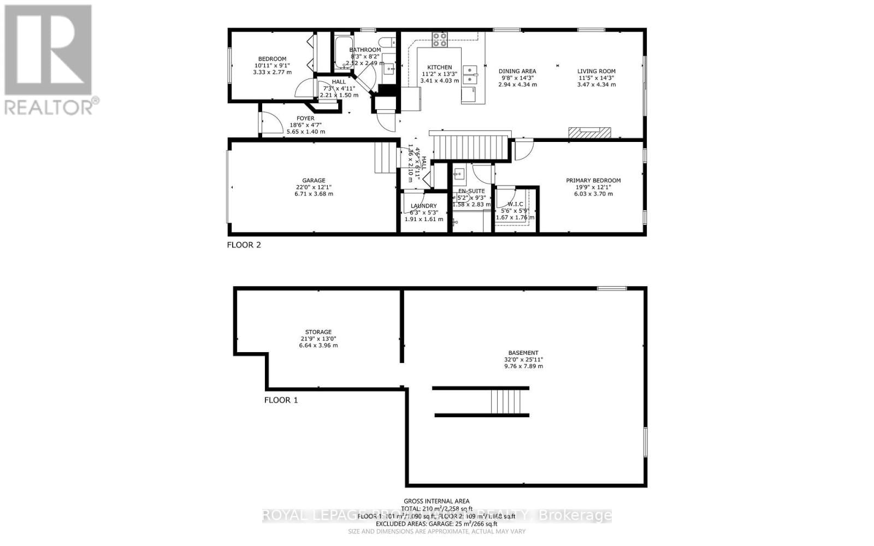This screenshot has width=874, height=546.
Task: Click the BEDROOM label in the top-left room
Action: tap(272, 59)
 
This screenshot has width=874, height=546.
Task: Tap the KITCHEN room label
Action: tap(439, 67)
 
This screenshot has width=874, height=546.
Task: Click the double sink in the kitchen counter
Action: tap(469, 75)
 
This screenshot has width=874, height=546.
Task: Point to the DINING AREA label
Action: tap(517, 71)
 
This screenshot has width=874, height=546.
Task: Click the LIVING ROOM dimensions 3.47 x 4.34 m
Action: tap(597, 85)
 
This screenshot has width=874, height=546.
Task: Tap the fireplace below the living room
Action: tap(589, 133)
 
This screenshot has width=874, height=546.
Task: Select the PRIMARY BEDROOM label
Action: tap(593, 180)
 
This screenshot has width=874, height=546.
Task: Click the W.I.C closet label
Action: tap(515, 204)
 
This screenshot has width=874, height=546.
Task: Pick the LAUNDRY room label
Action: tap(423, 206)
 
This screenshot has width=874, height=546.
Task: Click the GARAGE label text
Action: tap(314, 180)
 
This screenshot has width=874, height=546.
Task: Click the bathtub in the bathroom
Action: tap(344, 52)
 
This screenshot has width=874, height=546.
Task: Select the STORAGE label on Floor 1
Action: tap(318, 332)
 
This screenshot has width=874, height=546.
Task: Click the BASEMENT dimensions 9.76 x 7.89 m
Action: tap(523, 366)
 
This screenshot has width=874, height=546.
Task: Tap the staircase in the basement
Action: tap(510, 402)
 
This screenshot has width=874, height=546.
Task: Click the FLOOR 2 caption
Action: tap(244, 245)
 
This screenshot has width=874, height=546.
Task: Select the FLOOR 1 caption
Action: tap(281, 400)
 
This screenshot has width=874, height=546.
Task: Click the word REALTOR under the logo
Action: tap(49, 107)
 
